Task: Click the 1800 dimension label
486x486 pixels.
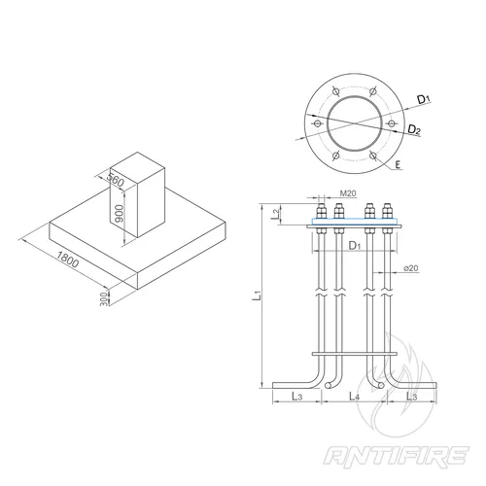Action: coord(67,260)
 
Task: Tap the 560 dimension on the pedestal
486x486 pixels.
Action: coord(116,180)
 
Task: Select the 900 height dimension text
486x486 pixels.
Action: coord(119,214)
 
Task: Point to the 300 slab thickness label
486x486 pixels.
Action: coord(103,298)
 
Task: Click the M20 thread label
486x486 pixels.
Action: coord(348,193)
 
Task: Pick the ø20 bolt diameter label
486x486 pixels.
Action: coord(411,268)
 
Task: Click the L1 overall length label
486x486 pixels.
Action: coord(257,295)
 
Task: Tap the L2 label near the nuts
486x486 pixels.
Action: coord(275,214)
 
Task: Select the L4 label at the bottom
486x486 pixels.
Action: coord(354,396)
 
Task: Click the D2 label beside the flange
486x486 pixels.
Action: coord(414,130)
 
